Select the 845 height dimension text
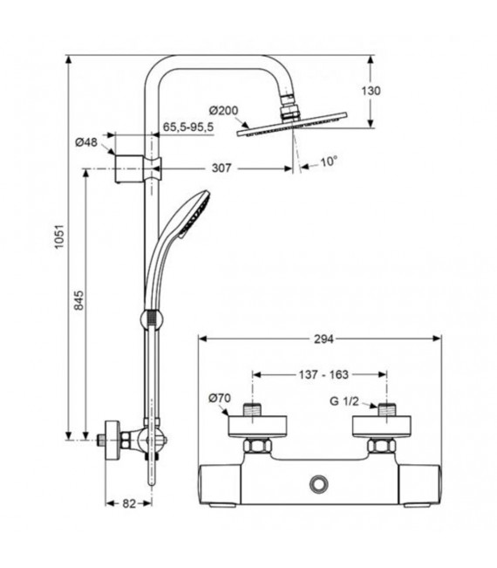coord(78,302)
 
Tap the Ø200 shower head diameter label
coord(224,111)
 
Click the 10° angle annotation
coord(329,161)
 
